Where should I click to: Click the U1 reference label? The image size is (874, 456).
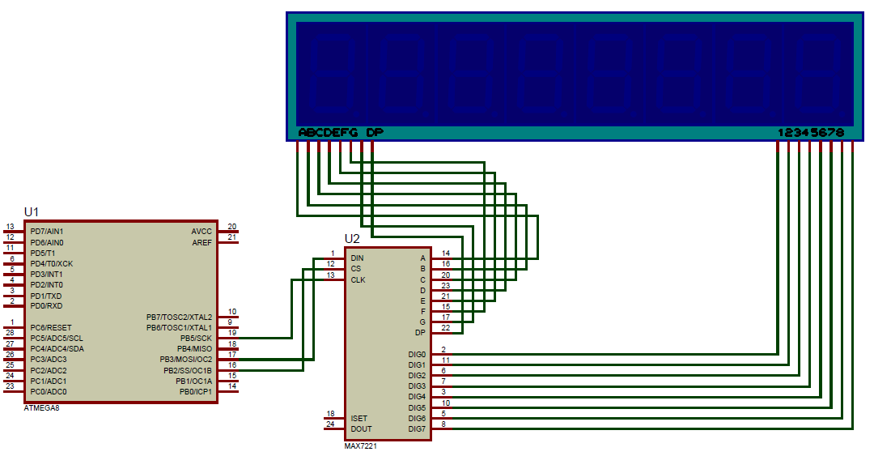pos(32,212)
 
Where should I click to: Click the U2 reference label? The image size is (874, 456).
pos(352,239)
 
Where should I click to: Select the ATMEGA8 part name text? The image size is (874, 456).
pos(41,408)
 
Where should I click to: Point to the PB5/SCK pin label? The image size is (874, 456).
pos(195,338)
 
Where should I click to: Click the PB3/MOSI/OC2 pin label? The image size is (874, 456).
pos(185,359)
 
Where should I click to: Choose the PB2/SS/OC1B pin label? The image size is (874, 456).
pos(188,370)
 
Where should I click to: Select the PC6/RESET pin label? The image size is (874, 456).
pos(51,327)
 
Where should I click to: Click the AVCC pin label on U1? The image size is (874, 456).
pos(202,232)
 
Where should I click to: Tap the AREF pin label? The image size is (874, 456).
pos(202,242)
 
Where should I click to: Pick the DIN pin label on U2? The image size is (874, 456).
pos(357,258)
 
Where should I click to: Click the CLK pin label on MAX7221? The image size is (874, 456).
pos(358,279)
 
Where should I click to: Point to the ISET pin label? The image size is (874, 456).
pos(359,418)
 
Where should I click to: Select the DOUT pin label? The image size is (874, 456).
pos(361,428)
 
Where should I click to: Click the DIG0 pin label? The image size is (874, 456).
pos(417,355)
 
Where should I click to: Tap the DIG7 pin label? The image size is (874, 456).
pos(417,428)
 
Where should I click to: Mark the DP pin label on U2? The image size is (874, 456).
pos(420,332)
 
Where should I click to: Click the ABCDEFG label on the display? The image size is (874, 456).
pos(328,132)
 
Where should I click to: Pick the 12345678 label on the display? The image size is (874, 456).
pos(811,132)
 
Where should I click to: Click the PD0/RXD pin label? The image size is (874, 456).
pos(47,306)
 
